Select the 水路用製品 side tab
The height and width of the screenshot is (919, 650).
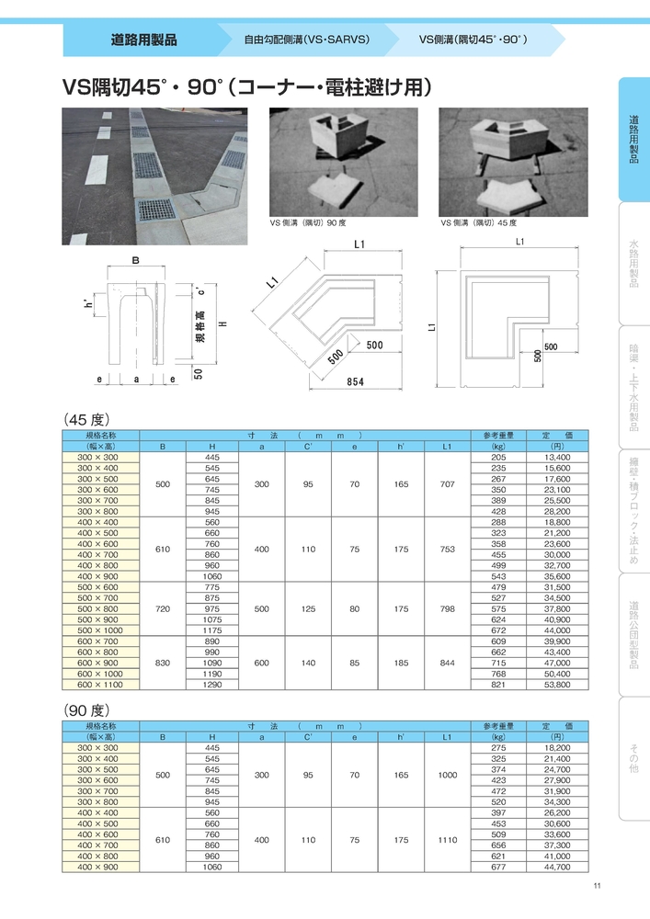click(634, 264)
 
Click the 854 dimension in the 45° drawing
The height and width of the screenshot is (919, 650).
click(354, 380)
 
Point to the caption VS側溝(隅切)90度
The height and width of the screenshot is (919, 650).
click(308, 222)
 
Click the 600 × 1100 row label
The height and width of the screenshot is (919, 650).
click(100, 685)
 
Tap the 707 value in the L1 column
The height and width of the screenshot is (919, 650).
click(447, 483)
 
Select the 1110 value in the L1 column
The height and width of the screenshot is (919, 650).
click(447, 840)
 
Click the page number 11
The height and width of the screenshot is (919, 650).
click(597, 886)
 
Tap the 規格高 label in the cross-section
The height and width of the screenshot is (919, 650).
click(200, 326)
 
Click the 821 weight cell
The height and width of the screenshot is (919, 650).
click(498, 685)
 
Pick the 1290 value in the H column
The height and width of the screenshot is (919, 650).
click(212, 685)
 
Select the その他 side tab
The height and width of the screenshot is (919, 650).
click(634, 758)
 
